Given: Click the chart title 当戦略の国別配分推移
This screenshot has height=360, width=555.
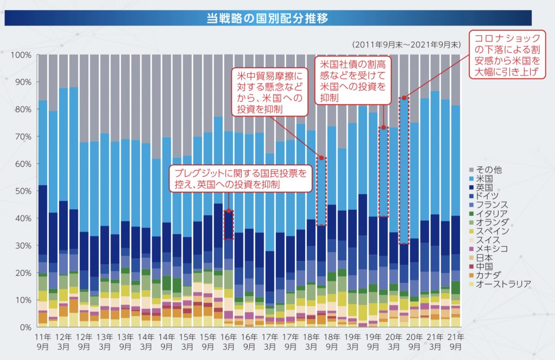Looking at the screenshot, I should pyautogui.click(x=268, y=18).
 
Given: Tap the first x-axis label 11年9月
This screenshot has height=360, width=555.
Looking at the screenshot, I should pyautogui.click(x=42, y=341).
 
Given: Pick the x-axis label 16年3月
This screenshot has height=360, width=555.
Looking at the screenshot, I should pyautogui.click(x=228, y=341).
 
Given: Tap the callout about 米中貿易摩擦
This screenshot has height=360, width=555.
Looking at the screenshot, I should pyautogui.click(x=269, y=91).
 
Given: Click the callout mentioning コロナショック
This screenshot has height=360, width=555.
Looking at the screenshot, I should pyautogui.click(x=508, y=54).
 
